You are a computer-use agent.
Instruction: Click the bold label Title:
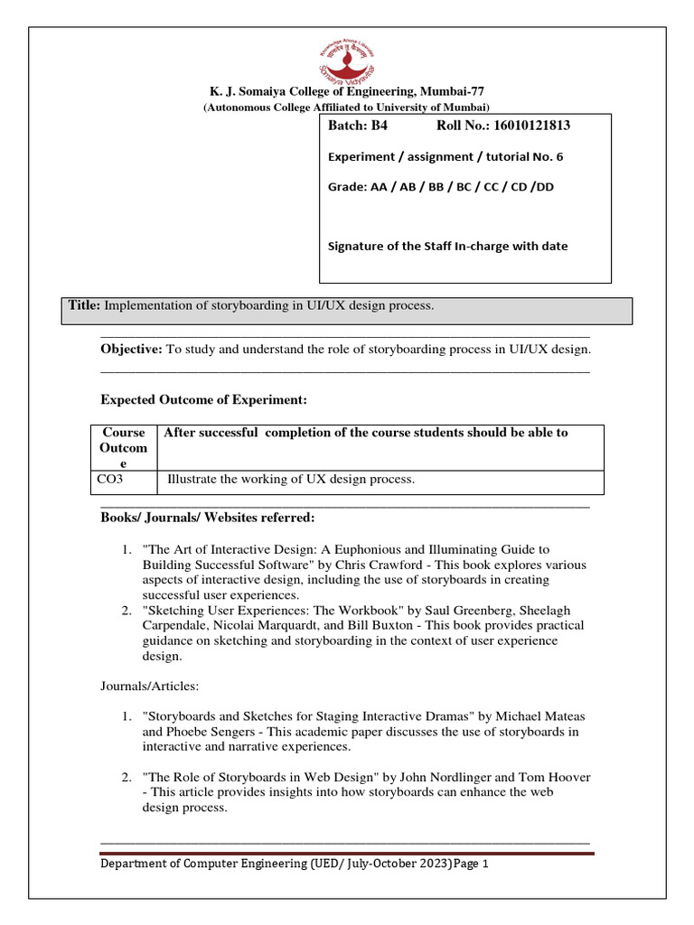86,306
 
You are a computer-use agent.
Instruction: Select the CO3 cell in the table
109,480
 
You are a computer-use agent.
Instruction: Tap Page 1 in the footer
472,864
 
